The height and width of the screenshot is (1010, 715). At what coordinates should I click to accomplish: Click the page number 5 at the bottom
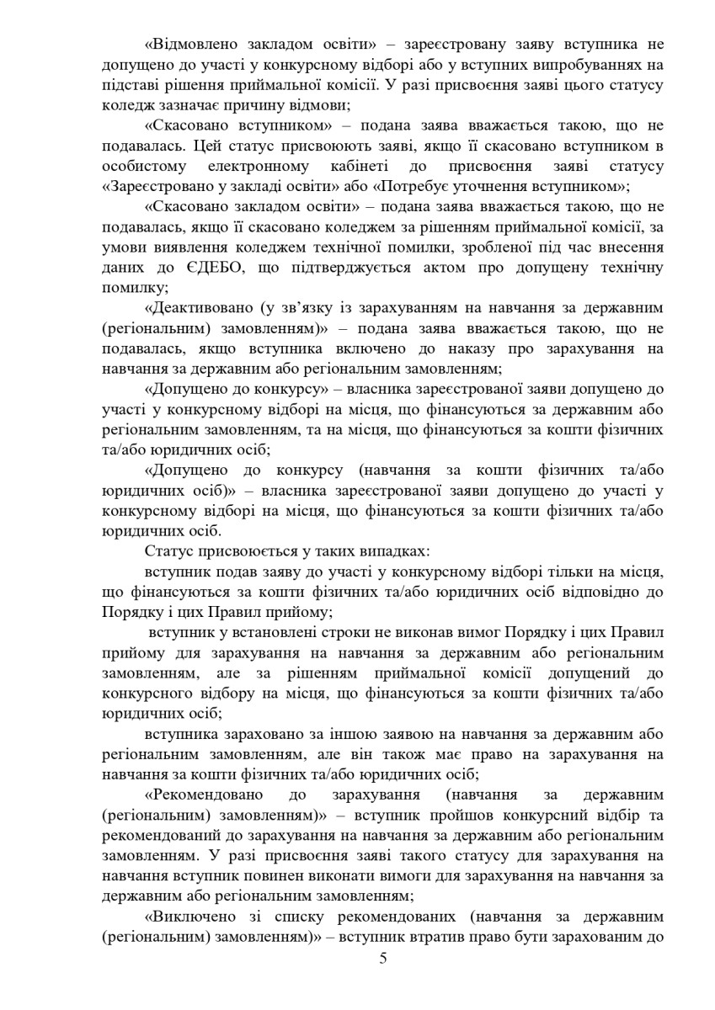[383, 981]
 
